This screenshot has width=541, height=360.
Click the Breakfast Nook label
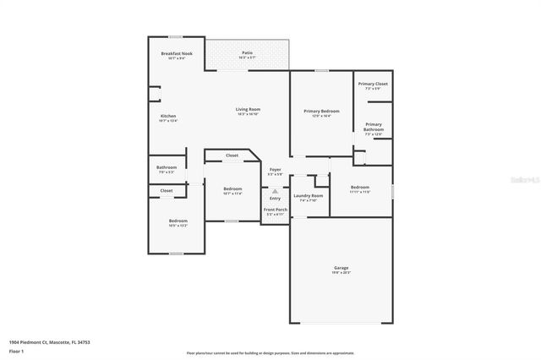coord(177,53)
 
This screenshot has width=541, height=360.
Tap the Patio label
coord(248,53)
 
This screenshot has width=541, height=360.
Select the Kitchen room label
coord(168,116)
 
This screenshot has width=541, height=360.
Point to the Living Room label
coord(248,109)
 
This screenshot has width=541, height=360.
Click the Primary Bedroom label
coord(321,111)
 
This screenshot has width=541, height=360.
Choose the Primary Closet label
coord(372,84)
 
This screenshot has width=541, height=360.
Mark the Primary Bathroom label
coord(374,128)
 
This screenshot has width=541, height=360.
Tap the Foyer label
coord(275,170)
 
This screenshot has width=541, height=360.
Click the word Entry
coord(275,198)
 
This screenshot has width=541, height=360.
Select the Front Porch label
coord(275,210)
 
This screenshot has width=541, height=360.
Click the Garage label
coord(340,268)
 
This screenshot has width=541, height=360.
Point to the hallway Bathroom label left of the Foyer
coord(167,167)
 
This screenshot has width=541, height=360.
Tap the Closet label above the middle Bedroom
coord(232,155)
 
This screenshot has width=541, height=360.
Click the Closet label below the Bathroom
coord(167,191)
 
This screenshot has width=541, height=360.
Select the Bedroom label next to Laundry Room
coord(360,187)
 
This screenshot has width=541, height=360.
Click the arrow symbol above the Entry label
coord(275,191)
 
